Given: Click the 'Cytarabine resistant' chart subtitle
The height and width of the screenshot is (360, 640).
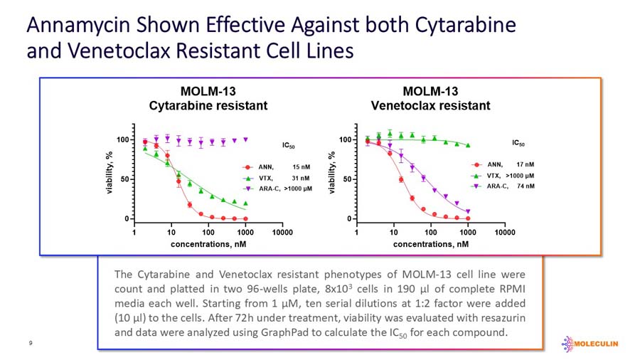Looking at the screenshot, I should tap(208, 106).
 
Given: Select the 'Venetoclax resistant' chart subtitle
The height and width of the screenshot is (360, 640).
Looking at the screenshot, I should tap(430, 106).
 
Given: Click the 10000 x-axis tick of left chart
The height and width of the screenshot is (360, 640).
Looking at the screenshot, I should tap(282, 232).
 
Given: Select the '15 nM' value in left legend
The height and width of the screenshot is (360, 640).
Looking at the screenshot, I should tap(301, 166).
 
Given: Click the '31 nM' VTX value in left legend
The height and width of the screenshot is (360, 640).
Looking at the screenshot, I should tap(301, 178).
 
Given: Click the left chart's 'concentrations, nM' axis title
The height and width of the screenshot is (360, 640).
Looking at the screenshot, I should tap(208, 244).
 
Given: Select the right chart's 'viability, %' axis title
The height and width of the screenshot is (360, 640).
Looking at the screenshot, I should tap(331, 174).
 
